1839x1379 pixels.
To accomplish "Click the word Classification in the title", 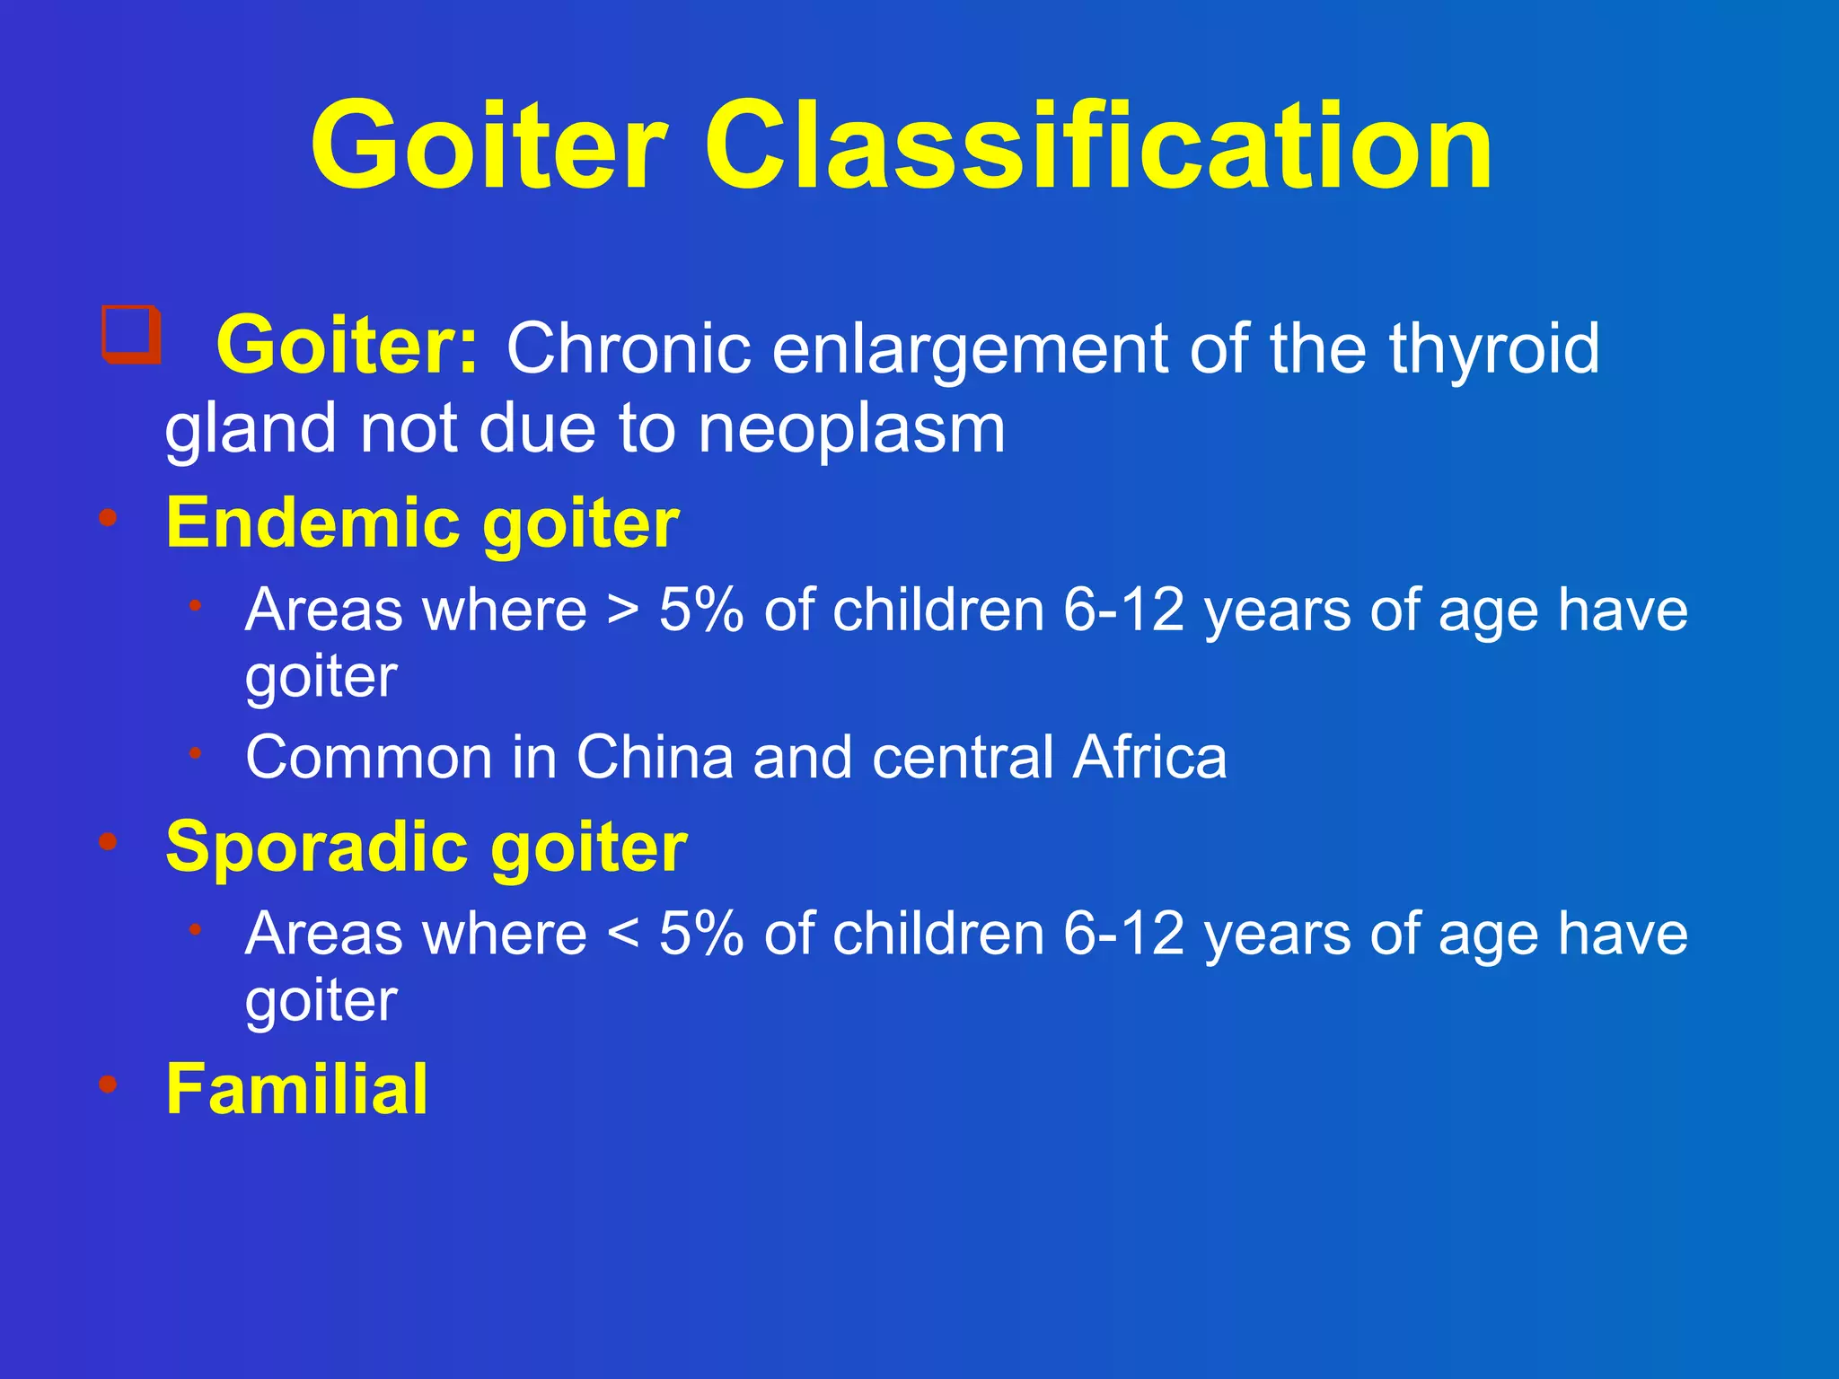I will [1097, 146].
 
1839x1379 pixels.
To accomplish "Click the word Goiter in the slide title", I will [489, 146].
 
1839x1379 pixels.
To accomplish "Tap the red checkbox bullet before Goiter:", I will [131, 335].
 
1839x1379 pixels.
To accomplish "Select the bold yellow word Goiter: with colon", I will [348, 347].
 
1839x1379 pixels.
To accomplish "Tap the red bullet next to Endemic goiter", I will [109, 518].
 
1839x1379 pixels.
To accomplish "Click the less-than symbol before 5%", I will [623, 935].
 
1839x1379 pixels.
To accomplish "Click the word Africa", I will [1150, 757].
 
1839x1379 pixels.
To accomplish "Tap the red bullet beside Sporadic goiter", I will [109, 841].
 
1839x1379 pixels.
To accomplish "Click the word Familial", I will [297, 1089].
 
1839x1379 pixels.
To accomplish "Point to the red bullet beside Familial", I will [109, 1084].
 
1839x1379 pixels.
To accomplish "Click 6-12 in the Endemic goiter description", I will [1123, 610].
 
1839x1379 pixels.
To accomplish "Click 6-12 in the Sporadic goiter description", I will [1123, 934].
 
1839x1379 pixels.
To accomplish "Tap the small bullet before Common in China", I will [195, 752].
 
